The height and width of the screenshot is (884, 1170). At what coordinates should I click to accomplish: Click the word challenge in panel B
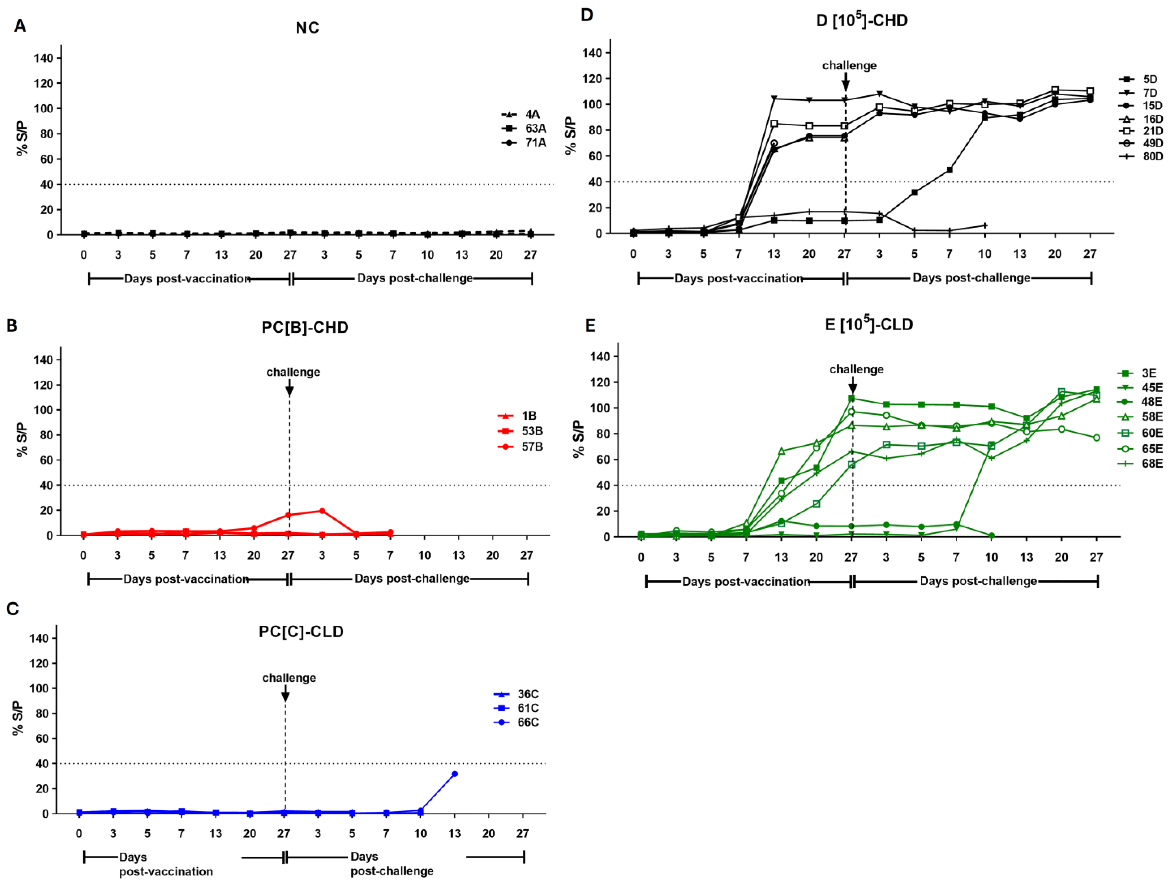293,372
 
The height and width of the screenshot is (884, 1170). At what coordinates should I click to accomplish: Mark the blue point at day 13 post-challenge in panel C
454,774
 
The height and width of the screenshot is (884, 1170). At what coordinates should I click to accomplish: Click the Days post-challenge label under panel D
971,278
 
